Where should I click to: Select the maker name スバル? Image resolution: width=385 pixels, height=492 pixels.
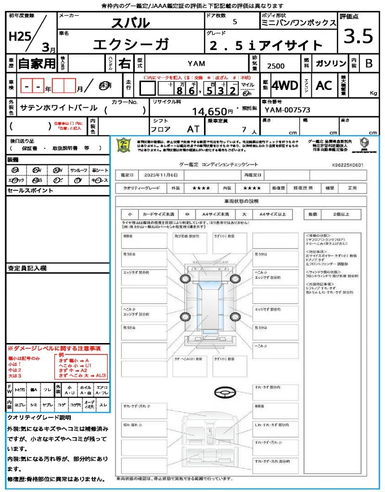click(130, 23)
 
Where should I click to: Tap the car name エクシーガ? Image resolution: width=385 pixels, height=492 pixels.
click(130, 44)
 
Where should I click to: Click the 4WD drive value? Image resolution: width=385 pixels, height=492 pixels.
click(284, 86)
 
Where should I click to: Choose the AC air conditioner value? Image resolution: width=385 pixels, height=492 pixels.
click(324, 86)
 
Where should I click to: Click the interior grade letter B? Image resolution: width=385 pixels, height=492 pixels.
click(369, 63)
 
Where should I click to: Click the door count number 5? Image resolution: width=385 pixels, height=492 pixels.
click(234, 22)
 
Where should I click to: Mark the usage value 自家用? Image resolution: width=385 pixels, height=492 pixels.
click(37, 63)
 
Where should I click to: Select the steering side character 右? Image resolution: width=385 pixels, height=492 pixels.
click(124, 63)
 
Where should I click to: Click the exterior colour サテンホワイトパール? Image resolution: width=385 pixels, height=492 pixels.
click(59, 108)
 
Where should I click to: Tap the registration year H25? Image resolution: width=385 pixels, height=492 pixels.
click(18, 36)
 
